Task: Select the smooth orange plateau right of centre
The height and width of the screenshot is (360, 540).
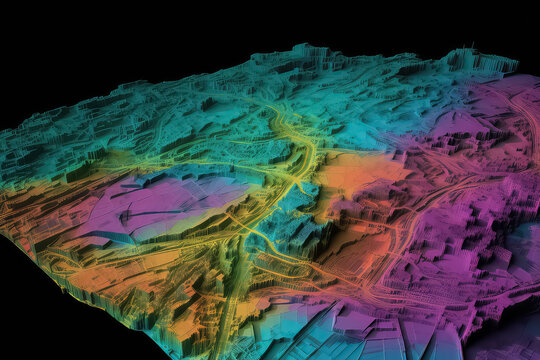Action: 355,175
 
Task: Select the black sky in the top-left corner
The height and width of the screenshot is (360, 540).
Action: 60,40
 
